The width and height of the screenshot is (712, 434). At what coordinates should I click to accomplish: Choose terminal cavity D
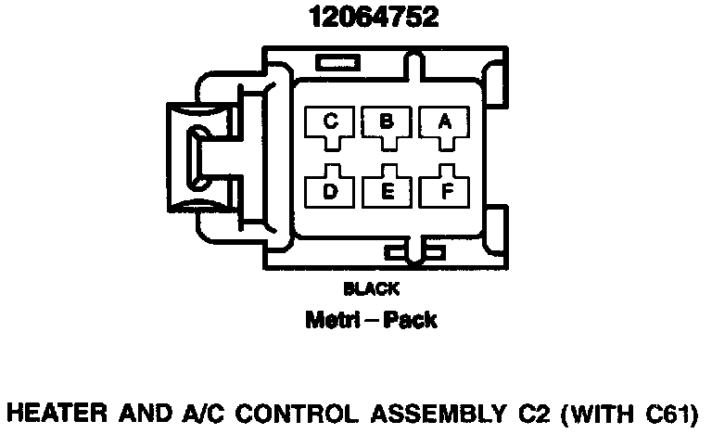(x=331, y=188)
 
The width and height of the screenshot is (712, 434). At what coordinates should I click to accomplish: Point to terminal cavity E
(x=388, y=189)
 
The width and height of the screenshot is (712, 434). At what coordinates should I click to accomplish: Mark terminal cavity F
(x=444, y=189)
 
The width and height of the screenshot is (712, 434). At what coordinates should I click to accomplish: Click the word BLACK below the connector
(x=371, y=288)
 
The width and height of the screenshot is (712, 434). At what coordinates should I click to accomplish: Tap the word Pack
(x=412, y=321)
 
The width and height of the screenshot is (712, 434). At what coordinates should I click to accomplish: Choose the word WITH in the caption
(x=591, y=410)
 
